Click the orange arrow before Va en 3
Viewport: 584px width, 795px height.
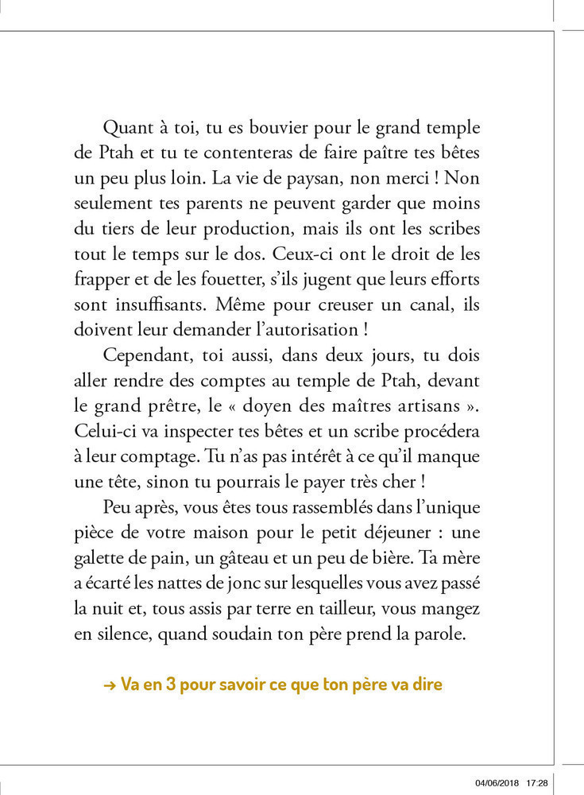[110, 684]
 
